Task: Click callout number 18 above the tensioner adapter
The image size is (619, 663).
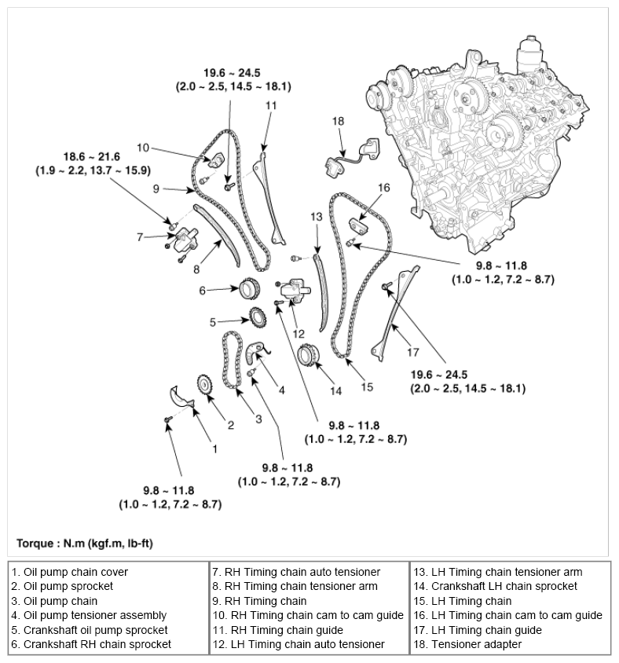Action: pyautogui.click(x=339, y=121)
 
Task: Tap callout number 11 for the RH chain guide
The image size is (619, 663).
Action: pyautogui.click(x=271, y=104)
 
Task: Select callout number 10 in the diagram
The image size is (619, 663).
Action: pyautogui.click(x=143, y=147)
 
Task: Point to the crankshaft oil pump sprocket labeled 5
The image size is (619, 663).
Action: pyautogui.click(x=255, y=320)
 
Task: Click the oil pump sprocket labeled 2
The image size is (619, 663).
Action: pyautogui.click(x=206, y=386)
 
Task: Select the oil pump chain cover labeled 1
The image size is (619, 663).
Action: pyautogui.click(x=181, y=393)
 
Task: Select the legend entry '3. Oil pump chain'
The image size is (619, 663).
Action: pyautogui.click(x=54, y=601)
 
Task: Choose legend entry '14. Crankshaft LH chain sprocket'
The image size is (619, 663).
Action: pyautogui.click(x=495, y=586)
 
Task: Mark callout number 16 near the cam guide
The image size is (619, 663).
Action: pyautogui.click(x=384, y=188)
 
